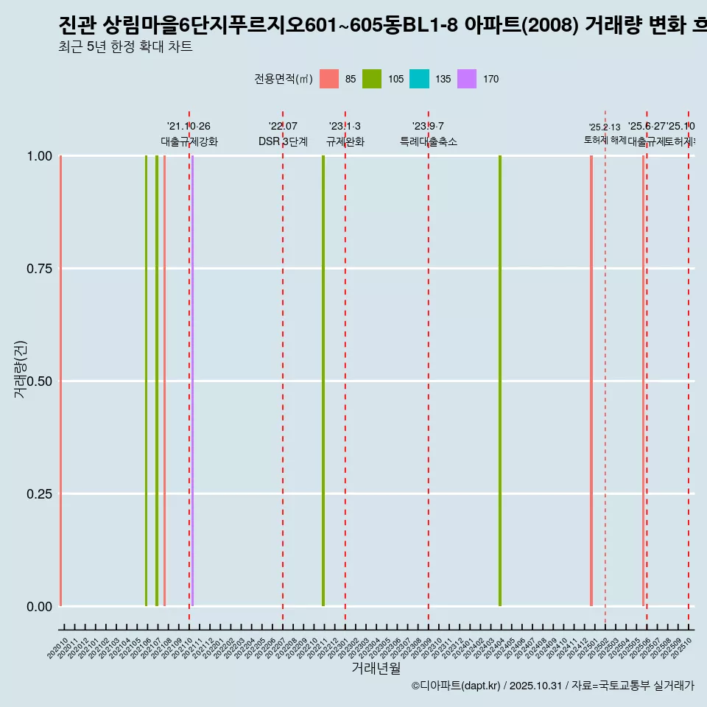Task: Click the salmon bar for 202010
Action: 60,381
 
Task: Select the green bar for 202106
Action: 146,381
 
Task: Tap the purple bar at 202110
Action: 192,381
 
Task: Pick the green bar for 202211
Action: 323,381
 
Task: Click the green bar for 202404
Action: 500,381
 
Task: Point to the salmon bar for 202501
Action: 591,381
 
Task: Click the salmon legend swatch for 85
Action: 329,79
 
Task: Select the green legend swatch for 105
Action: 372,79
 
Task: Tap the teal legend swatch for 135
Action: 419,79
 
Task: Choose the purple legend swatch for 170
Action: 467,79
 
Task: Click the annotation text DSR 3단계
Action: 283,141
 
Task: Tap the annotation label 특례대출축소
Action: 429,141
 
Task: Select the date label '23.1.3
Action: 345,127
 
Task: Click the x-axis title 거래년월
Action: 376,668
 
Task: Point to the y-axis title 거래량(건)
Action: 21,370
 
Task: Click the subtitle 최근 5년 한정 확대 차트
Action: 125,47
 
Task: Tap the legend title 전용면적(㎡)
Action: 284,79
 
